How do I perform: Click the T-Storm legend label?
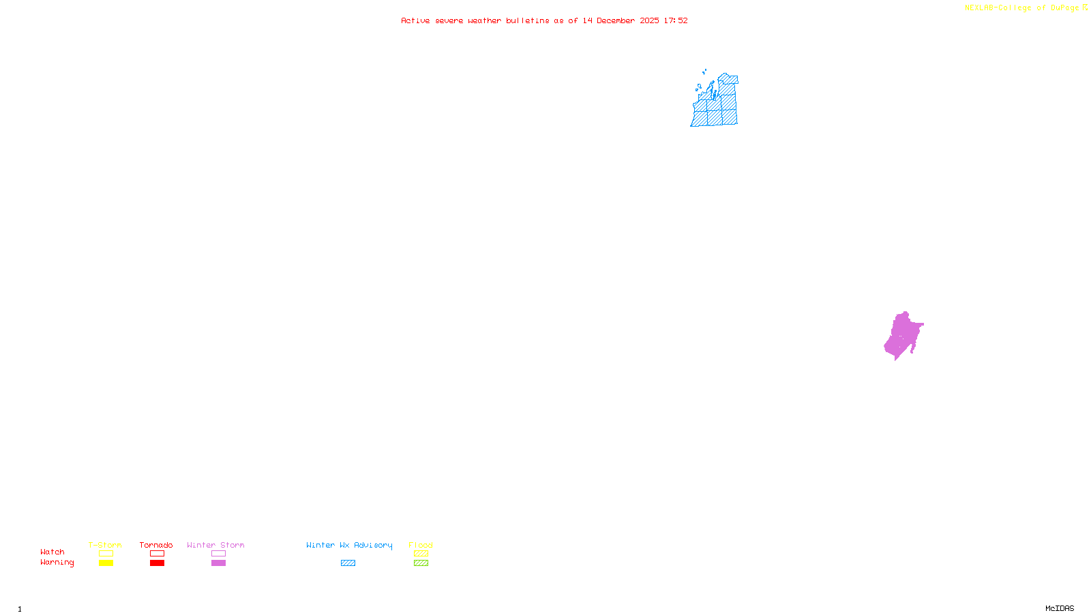[x=105, y=545]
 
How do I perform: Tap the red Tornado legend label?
[x=156, y=545]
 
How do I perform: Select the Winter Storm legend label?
[x=215, y=545]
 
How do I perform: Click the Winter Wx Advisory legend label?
[x=349, y=545]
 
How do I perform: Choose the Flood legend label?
[x=421, y=545]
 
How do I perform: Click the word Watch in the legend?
[x=53, y=552]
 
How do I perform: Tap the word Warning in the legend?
[x=57, y=563]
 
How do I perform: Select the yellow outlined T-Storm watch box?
[x=106, y=554]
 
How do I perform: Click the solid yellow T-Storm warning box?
[x=106, y=563]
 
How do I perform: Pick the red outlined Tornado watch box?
[x=157, y=554]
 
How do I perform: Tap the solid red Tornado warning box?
[x=157, y=563]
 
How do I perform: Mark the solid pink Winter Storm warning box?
[x=218, y=563]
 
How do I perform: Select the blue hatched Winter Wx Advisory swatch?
[x=348, y=563]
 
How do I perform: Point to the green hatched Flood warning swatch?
[x=421, y=563]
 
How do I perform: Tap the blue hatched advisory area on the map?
[x=716, y=109]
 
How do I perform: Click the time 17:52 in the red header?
[x=676, y=20]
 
